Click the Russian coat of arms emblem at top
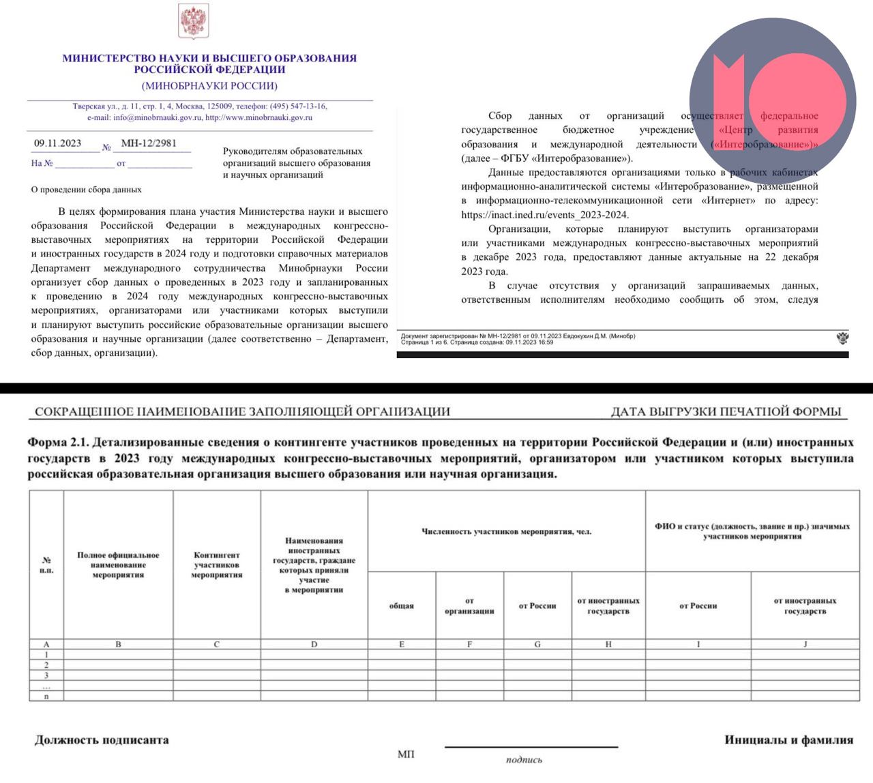193,22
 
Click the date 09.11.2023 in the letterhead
58,143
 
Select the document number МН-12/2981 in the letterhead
149,143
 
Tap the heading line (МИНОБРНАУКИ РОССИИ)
209,86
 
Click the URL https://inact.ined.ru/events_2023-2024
544,215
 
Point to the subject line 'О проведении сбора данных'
87,190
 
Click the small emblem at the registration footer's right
842,338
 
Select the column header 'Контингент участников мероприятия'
217,565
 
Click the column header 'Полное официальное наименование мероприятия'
118,565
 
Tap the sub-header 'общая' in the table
402,606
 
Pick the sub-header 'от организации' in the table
469,606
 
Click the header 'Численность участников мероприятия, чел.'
506,531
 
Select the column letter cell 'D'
314,644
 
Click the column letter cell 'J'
805,644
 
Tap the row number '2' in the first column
46,665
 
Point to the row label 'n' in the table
46,696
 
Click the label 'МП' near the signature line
406,754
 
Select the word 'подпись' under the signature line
524,760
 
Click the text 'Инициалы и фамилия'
788,740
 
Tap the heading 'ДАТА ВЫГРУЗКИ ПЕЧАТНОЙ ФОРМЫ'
726,411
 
